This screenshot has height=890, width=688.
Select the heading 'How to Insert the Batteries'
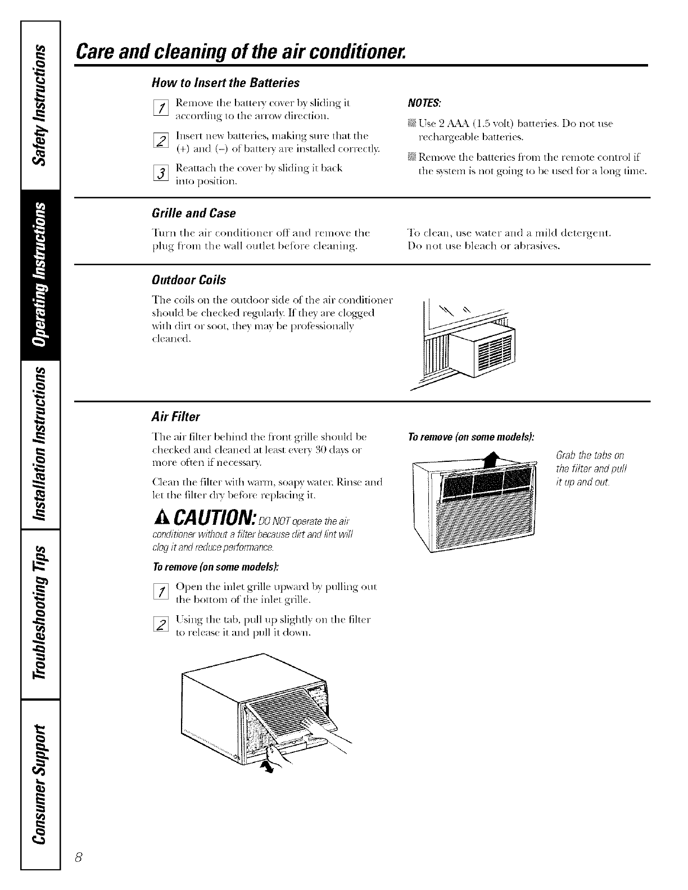pyautogui.click(x=225, y=83)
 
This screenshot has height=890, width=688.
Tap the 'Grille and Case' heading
pyautogui.click(x=193, y=214)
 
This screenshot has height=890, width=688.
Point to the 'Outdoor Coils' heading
pyautogui.click(x=189, y=280)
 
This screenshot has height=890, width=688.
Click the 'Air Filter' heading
pyautogui.click(x=175, y=417)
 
